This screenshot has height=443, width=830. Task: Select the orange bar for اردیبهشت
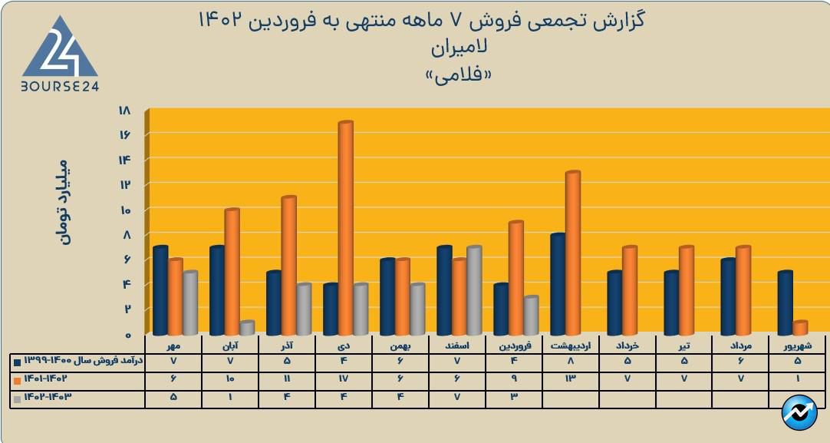[x=572, y=253]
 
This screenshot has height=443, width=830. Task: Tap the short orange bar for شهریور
[x=799, y=328]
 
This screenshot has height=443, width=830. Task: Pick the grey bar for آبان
[x=246, y=328]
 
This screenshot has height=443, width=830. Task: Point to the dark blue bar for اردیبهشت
[x=557, y=284]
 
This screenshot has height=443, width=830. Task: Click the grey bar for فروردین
[x=530, y=316]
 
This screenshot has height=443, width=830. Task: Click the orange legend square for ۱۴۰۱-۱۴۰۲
[x=17, y=379]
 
